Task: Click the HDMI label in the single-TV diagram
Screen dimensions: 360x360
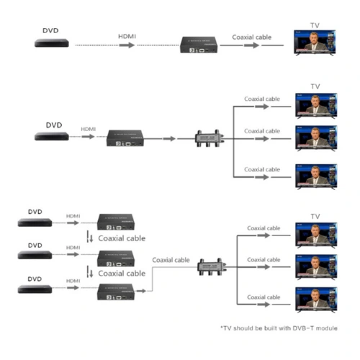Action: pyautogui.click(x=127, y=37)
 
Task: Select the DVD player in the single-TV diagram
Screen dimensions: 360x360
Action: pyautogui.click(x=52, y=43)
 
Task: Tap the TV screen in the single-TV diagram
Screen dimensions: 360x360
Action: pyautogui.click(x=315, y=42)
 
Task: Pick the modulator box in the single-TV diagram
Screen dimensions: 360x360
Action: pyautogui.click(x=199, y=45)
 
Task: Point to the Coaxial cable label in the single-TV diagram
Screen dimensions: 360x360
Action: pyautogui.click(x=252, y=37)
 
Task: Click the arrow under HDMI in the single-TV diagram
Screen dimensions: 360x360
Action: pyautogui.click(x=127, y=45)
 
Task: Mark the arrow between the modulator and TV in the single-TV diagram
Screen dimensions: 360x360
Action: pyautogui.click(x=251, y=45)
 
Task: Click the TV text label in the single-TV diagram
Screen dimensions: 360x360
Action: pyautogui.click(x=315, y=25)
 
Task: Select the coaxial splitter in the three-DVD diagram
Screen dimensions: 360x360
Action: pyautogui.click(x=212, y=267)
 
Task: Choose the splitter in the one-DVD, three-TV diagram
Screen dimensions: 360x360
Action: pyautogui.click(x=210, y=138)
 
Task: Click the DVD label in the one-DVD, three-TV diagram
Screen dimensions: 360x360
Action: pyautogui.click(x=54, y=125)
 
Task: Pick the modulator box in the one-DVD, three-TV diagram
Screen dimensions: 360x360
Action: pyautogui.click(x=125, y=138)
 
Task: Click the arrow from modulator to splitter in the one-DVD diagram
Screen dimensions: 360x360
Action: pyautogui.click(x=169, y=138)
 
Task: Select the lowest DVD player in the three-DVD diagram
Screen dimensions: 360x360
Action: pyautogui.click(x=35, y=289)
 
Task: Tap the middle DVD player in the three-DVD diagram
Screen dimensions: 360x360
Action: pyautogui.click(x=35, y=255)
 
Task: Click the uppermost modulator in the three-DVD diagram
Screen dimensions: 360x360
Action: pyautogui.click(x=116, y=222)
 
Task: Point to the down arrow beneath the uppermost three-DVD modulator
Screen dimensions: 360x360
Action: pyautogui.click(x=91, y=238)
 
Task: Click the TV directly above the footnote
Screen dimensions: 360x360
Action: pyautogui.click(x=316, y=300)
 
